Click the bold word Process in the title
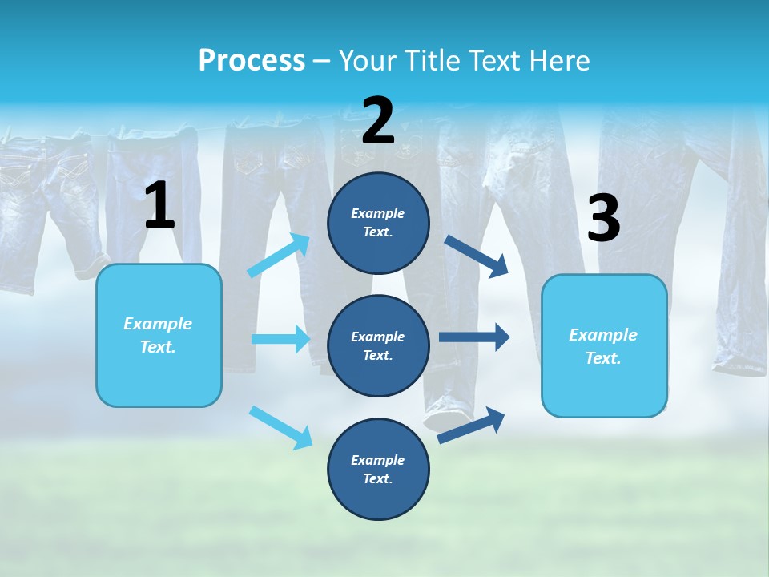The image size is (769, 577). tap(252, 61)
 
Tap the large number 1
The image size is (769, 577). tap(159, 206)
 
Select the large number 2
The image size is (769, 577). tap(378, 121)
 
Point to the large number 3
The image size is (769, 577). tap(603, 219)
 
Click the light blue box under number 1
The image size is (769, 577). tap(159, 335)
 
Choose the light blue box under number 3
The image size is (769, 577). tap(604, 345)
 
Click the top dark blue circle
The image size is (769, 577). tap(378, 223)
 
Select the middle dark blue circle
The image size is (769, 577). tap(378, 345)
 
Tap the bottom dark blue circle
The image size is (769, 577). tap(378, 469)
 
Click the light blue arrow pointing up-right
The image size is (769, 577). tap(279, 256)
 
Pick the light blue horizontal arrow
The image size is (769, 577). tap(280, 339)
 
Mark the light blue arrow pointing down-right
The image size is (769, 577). tap(280, 427)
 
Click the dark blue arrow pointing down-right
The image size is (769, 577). tap(477, 256)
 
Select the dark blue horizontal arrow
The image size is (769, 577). tap(473, 337)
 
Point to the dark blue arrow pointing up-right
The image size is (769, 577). tap(471, 425)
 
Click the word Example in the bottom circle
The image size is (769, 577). tap(378, 460)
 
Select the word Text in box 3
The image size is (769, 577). tap(602, 358)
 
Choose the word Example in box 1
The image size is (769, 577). tap(158, 324)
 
